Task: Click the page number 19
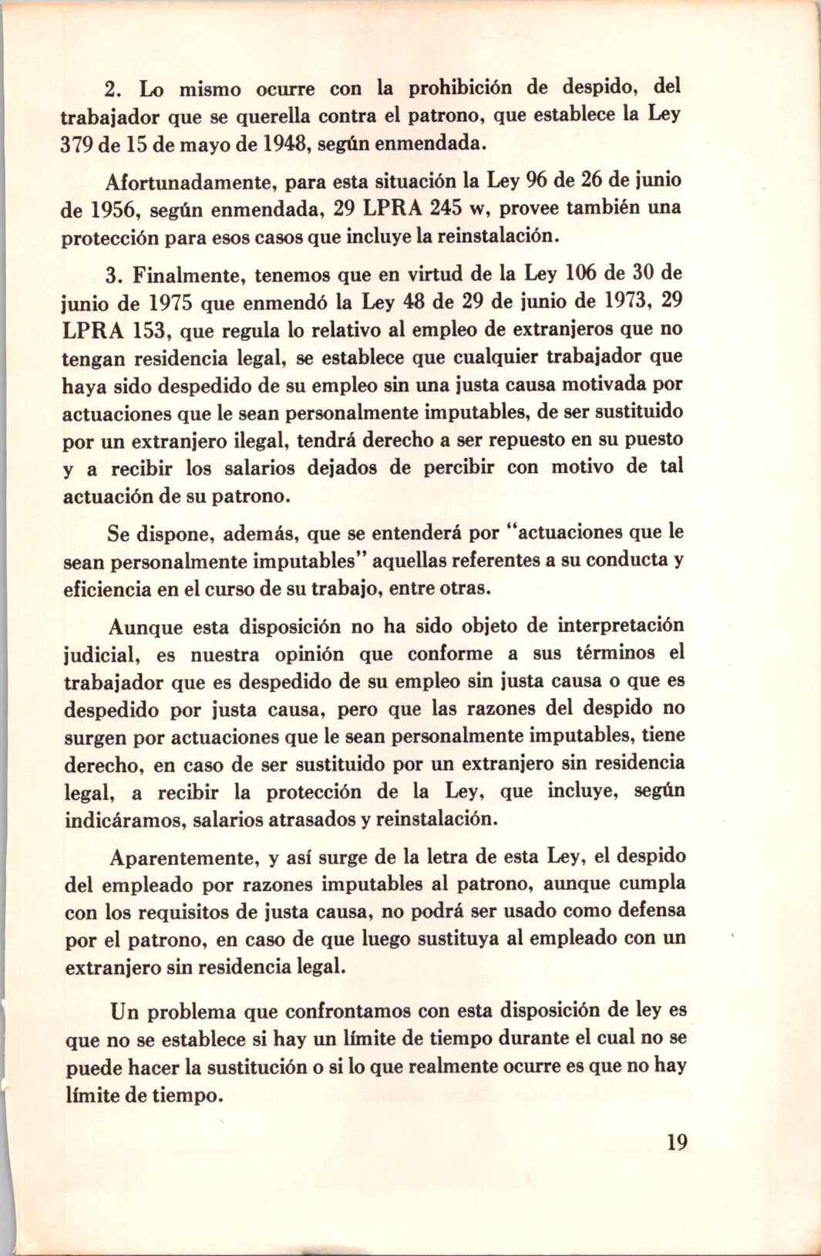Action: click(x=676, y=1142)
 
